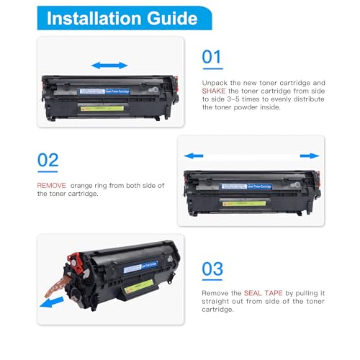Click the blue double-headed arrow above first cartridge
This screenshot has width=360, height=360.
coord(110,66)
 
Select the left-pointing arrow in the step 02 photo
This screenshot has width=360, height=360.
coord(194,156)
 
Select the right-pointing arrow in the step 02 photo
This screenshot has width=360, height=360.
coord(310,156)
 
